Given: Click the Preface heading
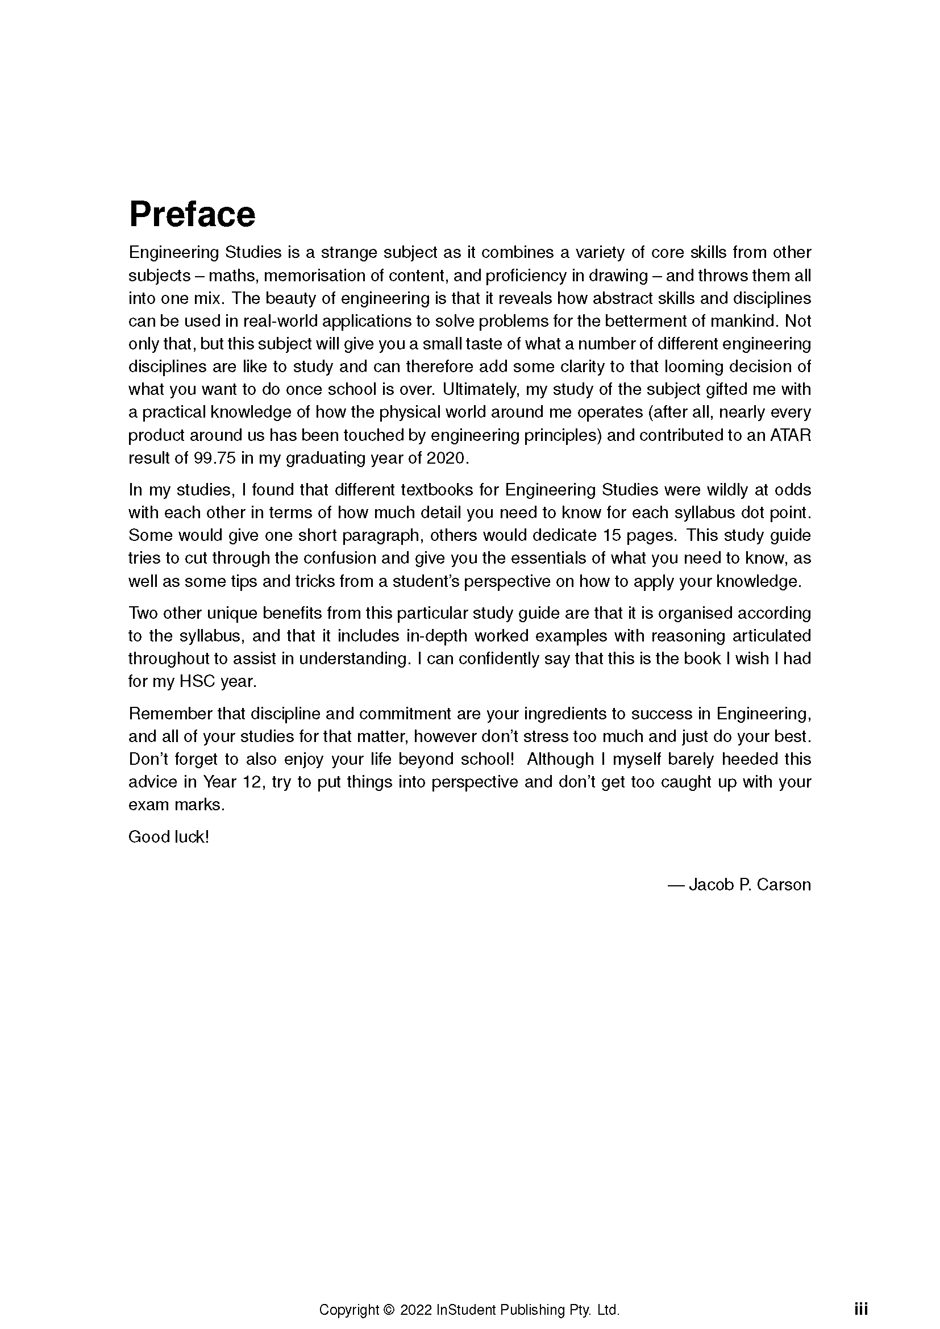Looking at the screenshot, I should (x=192, y=215).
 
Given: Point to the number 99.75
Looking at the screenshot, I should (x=215, y=459).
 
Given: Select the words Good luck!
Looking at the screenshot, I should (x=168, y=837).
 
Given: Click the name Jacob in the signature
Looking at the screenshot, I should (x=712, y=885).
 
